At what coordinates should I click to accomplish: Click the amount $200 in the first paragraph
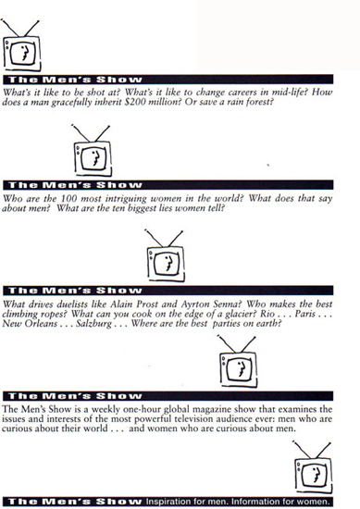coord(135,102)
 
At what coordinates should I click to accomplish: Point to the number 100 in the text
coord(68,198)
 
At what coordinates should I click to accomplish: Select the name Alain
coord(121,304)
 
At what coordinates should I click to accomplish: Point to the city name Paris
coord(305,314)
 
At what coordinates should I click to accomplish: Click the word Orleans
coord(41,324)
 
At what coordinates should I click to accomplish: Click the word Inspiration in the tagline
coord(165,502)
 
